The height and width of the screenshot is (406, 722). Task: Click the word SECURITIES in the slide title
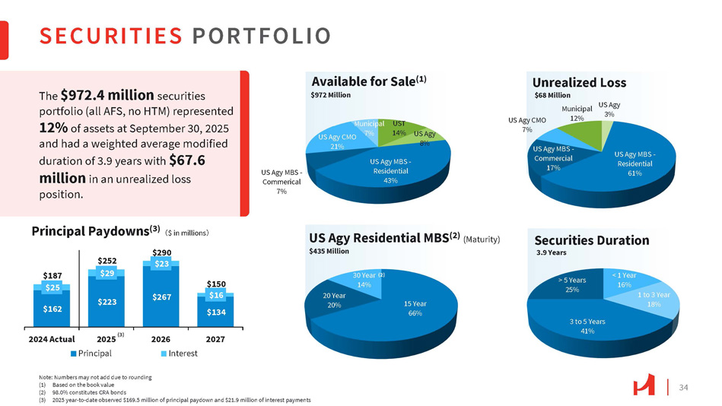[111, 36]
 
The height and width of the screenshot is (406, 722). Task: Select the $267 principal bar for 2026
[161, 297]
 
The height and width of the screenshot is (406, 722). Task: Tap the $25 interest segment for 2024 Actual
[52, 287]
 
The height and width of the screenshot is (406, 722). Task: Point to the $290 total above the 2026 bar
[161, 251]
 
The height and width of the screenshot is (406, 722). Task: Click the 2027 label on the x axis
[216, 338]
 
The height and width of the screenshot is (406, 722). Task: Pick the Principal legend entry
[91, 353]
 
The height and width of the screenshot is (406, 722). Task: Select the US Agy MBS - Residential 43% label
[391, 170]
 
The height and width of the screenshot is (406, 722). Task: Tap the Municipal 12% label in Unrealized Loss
[577, 113]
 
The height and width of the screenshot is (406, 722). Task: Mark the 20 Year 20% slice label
[333, 300]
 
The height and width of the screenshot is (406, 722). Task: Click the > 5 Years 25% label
[571, 284]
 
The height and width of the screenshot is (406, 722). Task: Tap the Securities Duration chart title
[590, 240]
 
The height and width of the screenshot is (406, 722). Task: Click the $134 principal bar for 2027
[216, 310]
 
